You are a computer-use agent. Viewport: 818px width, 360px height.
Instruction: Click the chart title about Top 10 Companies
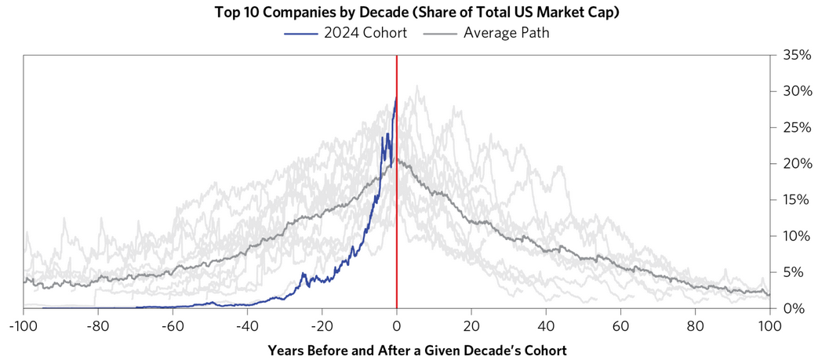[x=409, y=13]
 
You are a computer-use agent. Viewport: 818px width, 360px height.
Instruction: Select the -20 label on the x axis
[x=322, y=325]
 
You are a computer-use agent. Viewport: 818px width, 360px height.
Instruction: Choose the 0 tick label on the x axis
[x=397, y=325]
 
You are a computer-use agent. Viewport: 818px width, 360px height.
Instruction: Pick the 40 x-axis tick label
[x=546, y=325]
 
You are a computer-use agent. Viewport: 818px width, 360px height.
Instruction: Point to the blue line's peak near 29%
[x=396, y=97]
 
